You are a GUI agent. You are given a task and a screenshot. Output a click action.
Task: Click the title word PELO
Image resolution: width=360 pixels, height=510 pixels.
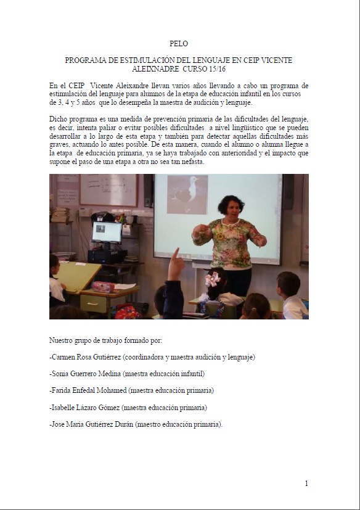tap(178, 44)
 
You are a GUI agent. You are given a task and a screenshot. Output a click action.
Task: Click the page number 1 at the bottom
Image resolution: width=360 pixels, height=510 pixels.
tap(306, 483)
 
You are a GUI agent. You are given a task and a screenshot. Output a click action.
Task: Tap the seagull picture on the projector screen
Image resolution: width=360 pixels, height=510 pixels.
tap(187, 195)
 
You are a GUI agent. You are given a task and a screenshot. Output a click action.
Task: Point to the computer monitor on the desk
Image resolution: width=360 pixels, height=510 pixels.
tap(107, 232)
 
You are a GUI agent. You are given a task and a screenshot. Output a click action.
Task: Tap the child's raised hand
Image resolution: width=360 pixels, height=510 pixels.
tap(176, 263)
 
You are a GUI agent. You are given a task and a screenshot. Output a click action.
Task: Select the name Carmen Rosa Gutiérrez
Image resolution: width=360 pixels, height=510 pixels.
tap(87, 357)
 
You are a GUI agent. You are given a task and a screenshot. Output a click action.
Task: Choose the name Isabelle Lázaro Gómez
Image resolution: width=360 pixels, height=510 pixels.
tap(86, 408)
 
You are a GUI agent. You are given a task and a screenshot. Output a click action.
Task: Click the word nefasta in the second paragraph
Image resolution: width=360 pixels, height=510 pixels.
tap(190, 162)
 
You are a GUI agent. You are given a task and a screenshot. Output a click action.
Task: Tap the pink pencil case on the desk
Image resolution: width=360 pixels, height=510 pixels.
tap(103, 287)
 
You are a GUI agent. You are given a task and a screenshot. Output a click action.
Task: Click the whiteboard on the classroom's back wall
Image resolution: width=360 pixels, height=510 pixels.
tap(108, 190)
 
